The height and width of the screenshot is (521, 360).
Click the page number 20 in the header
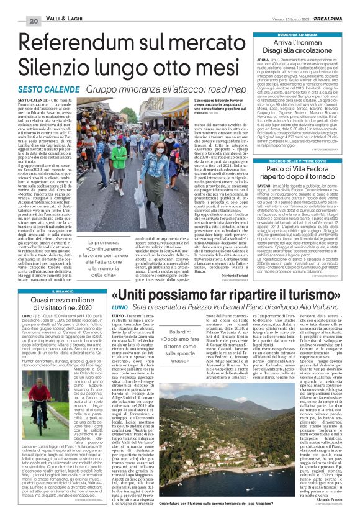(x=13, y=6)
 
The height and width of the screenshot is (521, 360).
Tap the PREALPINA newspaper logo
(x=340, y=5)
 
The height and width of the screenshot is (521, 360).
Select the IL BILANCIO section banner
(x=53, y=293)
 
